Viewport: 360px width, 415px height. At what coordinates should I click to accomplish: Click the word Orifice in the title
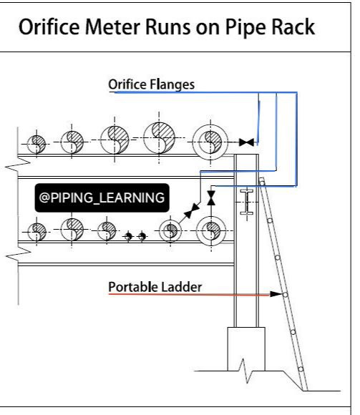click(49, 27)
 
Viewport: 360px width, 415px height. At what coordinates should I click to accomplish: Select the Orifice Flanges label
click(152, 84)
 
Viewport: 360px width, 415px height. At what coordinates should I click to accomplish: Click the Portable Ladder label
click(155, 287)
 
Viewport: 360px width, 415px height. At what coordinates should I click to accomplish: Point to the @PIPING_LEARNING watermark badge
click(102, 197)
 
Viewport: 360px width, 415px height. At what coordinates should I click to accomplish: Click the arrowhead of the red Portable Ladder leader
click(276, 294)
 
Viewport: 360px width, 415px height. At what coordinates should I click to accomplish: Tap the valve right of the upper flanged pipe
click(246, 142)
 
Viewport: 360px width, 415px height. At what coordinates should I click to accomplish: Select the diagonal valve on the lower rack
click(192, 210)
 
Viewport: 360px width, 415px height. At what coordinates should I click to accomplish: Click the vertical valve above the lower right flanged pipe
click(211, 198)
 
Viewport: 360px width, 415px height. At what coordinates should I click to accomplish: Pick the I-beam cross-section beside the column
click(247, 202)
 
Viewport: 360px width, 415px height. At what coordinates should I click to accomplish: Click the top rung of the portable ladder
click(262, 183)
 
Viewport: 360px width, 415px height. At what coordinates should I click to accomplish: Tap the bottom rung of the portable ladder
click(301, 369)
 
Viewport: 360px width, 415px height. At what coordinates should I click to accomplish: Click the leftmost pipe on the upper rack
click(37, 145)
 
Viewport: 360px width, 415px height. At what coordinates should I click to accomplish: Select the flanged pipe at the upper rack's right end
click(210, 142)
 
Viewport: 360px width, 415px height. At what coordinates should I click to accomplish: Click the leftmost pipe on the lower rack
click(37, 232)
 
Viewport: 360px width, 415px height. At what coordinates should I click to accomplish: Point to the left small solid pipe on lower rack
click(128, 236)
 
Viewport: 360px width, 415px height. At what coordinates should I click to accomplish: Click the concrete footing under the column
click(246, 349)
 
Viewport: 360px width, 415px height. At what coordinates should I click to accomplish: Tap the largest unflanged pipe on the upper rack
click(159, 137)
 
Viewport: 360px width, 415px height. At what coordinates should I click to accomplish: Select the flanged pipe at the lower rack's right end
click(211, 231)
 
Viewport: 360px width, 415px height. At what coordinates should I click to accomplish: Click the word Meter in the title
click(113, 27)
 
